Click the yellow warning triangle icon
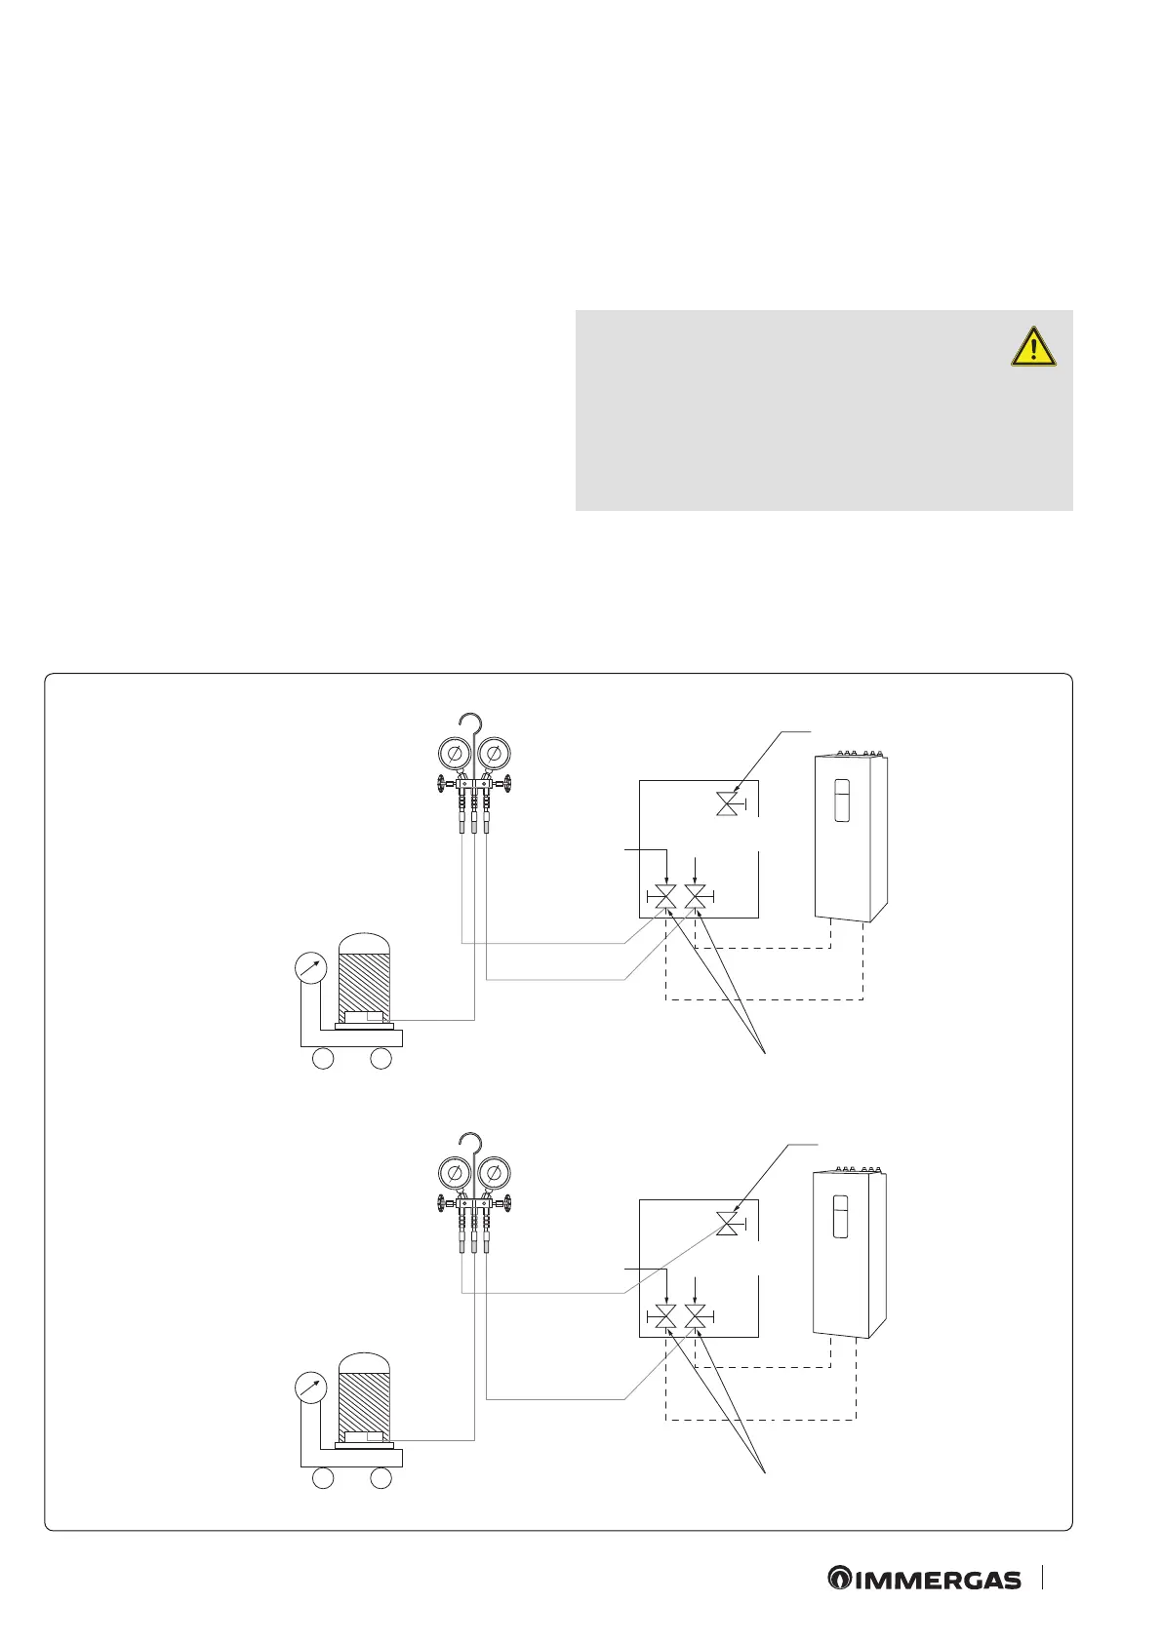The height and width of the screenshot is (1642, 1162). (1033, 347)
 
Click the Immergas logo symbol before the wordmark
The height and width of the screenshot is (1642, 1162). (839, 1579)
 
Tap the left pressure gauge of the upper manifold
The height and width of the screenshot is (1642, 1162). (454, 754)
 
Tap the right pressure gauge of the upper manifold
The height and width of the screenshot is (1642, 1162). (494, 754)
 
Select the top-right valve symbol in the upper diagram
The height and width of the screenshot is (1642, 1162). (727, 804)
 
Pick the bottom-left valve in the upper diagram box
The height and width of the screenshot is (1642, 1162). (664, 897)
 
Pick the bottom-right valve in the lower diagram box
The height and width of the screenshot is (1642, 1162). (695, 1318)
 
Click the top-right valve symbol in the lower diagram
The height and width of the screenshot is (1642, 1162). (727, 1225)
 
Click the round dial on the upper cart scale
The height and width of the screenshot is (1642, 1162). (310, 967)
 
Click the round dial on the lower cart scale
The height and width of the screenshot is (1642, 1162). (310, 1388)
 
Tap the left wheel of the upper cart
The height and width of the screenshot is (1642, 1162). (323, 1058)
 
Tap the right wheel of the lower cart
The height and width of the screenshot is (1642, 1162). (381, 1478)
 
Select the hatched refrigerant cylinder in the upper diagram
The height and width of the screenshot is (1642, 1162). (364, 975)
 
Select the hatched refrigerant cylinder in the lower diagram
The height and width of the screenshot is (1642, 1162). (364, 1394)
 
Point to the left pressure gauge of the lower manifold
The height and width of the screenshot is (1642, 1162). (454, 1174)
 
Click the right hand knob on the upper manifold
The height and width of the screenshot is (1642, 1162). (506, 783)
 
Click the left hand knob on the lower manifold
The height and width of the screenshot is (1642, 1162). (442, 1203)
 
